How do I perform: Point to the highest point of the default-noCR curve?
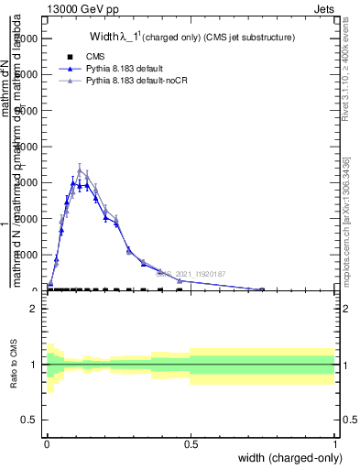pyautogui.click(x=105, y=169)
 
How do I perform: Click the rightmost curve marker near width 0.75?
pyautogui.click(x=262, y=289)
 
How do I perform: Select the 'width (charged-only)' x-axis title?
pyautogui.click(x=285, y=457)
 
